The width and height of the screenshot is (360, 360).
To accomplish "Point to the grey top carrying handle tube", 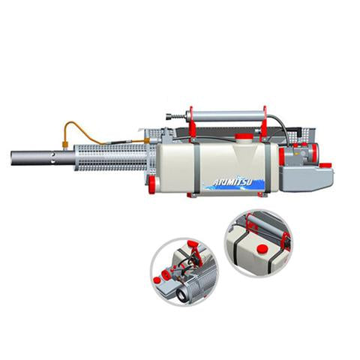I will pos(225,116).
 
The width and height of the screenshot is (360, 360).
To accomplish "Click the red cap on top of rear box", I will pos(325,164).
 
